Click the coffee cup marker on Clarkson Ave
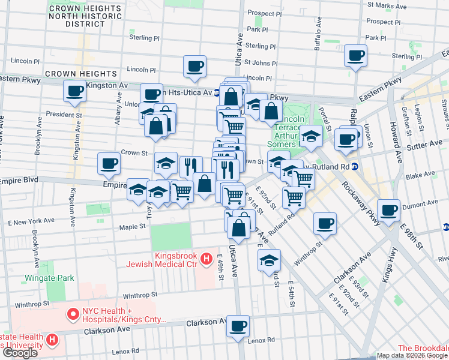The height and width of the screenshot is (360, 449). coord(239,326)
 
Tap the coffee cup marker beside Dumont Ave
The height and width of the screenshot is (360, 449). coord(389,210)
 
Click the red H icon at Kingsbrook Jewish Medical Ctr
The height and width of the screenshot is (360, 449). coord(206,259)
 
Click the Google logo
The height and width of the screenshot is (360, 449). coord(20,353)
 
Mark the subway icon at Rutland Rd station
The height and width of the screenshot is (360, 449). coord(355,166)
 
